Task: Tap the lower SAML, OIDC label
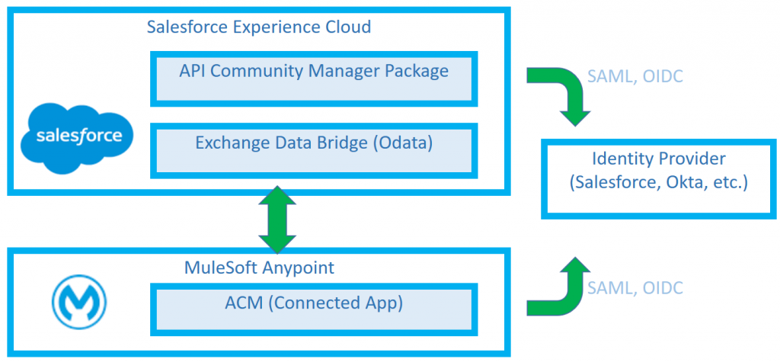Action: point(635,287)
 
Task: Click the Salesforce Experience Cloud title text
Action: point(259,27)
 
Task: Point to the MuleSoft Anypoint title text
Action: point(259,268)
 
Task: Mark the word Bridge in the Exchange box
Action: point(338,143)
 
